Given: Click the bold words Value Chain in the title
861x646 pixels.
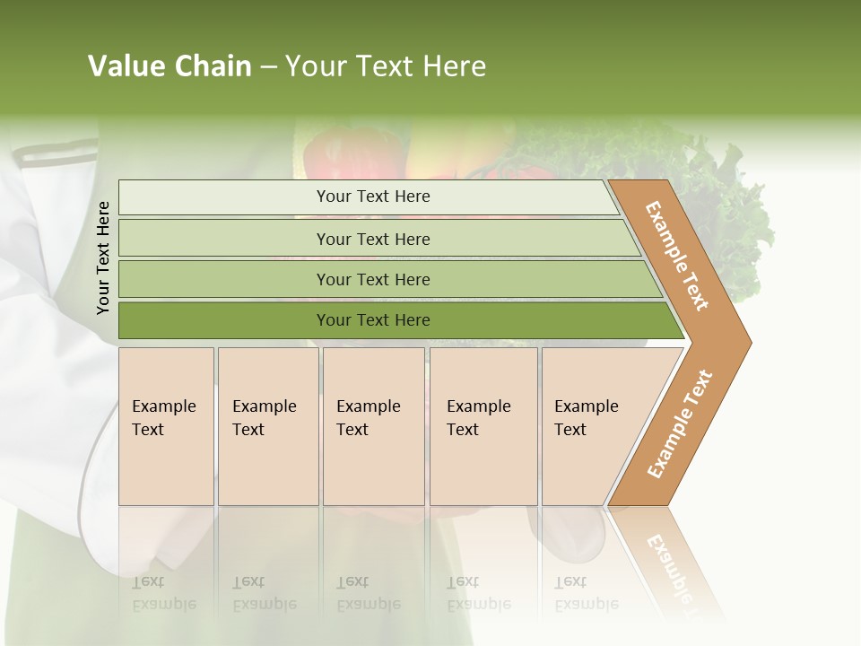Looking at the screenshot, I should click(170, 66).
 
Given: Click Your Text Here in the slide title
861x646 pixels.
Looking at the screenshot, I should click(386, 66).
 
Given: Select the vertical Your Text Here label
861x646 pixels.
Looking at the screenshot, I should click(103, 258).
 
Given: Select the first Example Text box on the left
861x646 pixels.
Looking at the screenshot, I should click(166, 426).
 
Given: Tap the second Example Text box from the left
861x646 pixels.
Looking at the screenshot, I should click(267, 426).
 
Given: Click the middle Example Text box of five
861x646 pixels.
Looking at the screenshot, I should click(373, 426).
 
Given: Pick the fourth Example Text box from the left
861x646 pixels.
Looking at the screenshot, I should click(483, 426).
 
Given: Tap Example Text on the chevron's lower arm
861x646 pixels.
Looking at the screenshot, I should click(679, 424).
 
